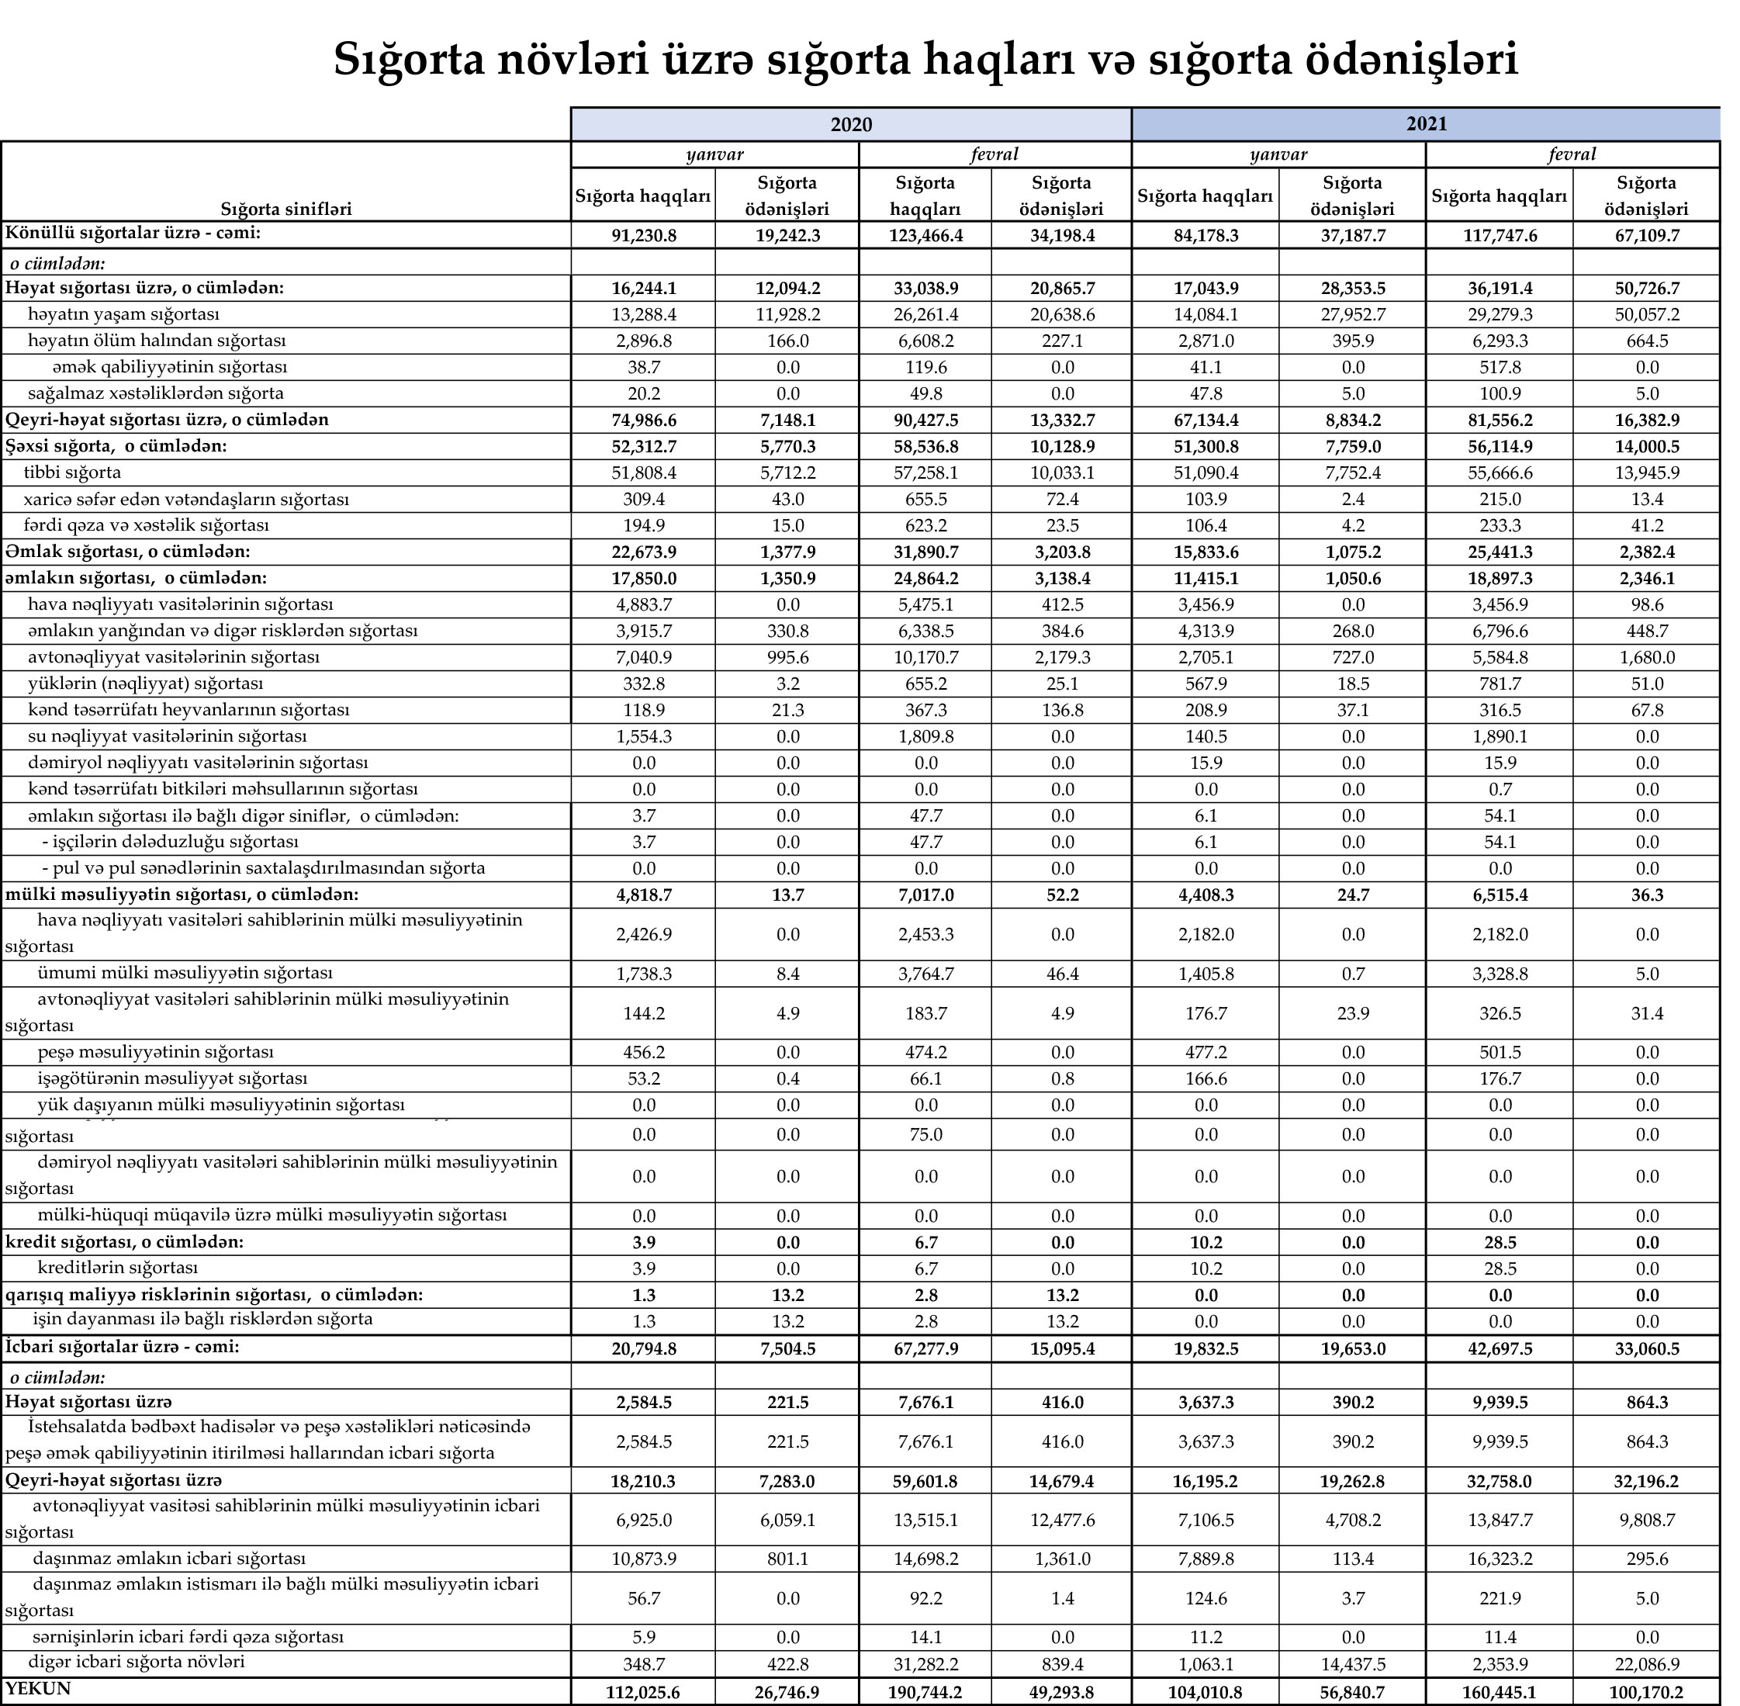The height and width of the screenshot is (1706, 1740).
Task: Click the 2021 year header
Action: (1426, 123)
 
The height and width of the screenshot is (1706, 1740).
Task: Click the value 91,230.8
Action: (642, 236)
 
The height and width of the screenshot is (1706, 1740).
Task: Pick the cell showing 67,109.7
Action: (1646, 236)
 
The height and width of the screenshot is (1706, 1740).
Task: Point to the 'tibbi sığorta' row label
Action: (73, 472)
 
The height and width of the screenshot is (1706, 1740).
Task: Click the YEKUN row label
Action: (38, 1688)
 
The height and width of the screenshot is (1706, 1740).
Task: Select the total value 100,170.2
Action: (1646, 1693)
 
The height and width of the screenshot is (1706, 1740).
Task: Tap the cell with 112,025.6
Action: (642, 1693)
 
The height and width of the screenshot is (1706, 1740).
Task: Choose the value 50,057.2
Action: (1646, 314)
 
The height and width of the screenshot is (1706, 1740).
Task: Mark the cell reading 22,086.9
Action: (1646, 1664)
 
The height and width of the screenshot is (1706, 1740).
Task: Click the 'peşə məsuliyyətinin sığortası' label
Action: (155, 1051)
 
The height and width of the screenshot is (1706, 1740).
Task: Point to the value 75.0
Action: (925, 1134)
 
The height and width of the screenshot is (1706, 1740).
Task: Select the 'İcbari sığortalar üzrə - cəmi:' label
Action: (123, 1346)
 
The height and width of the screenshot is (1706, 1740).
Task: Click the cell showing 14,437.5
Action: (1352, 1664)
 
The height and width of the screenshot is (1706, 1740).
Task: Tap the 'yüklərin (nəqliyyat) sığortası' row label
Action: (145, 683)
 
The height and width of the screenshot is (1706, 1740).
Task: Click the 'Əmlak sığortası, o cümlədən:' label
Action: (127, 551)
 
